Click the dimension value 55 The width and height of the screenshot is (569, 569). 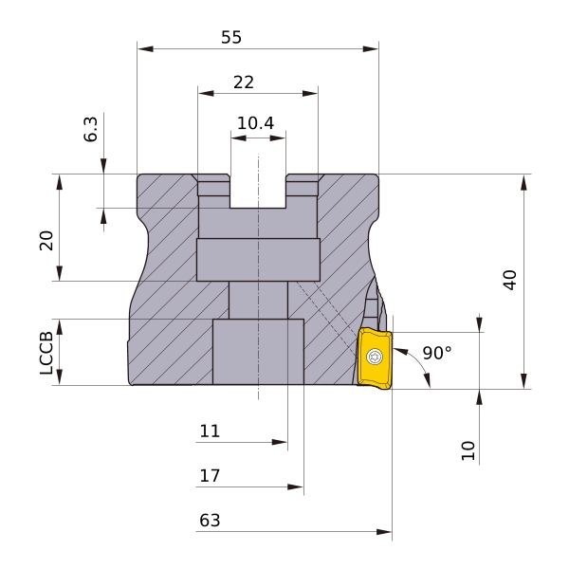[x=231, y=37]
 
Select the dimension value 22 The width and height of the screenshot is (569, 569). [x=244, y=83]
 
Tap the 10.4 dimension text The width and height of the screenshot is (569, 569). [x=255, y=123]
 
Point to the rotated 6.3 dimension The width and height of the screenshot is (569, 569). [x=91, y=129]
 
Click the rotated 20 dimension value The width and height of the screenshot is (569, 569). [x=46, y=241]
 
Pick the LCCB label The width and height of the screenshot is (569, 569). [x=46, y=353]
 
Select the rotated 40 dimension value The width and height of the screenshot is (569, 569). [x=510, y=280]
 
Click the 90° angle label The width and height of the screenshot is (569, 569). [x=437, y=353]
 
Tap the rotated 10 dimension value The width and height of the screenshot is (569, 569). [x=468, y=450]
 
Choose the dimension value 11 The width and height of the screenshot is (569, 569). [x=210, y=431]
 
